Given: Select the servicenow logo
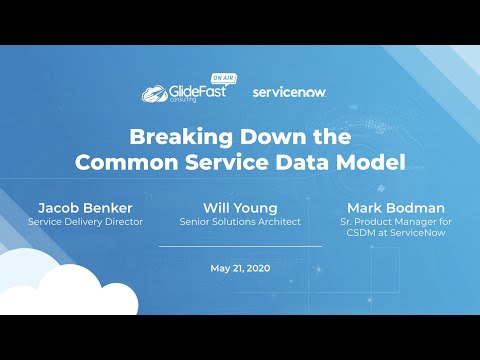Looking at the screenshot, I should coord(289,92).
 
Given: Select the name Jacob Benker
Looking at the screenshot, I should coord(85,207).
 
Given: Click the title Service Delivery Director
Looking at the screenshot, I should coord(85,221).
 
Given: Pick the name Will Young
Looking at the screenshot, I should coord(239,207).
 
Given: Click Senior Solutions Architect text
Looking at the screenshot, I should coord(239,221).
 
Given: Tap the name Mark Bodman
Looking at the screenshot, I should coord(397,207).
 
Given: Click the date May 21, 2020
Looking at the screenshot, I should coord(239,269).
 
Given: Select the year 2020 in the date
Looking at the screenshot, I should coord(256,269).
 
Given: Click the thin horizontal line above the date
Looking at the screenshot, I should coord(239,246).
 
